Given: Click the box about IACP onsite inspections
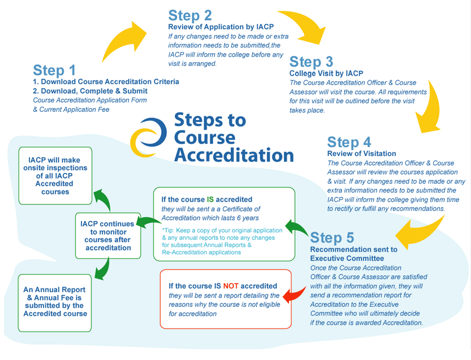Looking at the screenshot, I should click(55, 176).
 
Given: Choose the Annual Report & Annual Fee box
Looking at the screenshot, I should click(55, 302).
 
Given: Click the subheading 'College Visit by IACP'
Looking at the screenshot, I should click(326, 73).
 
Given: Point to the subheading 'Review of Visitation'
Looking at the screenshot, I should click(361, 154).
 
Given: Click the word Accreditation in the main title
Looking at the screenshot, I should click(234, 155).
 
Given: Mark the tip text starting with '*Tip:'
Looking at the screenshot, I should click(222, 241).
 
